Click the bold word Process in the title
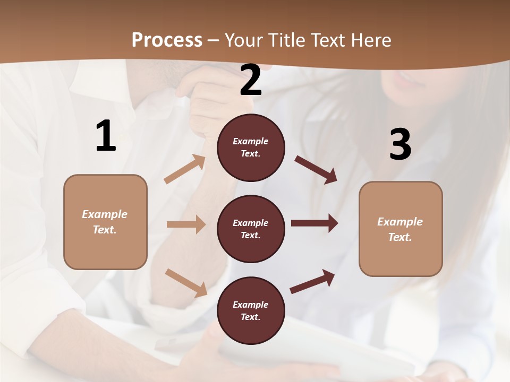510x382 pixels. point(167,40)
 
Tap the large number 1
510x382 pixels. point(106,136)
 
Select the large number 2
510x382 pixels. point(251,80)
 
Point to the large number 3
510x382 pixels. point(400,144)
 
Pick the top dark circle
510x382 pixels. point(251,147)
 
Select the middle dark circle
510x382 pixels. point(251,229)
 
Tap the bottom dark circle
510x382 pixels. point(251,311)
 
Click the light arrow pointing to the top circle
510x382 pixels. point(185,169)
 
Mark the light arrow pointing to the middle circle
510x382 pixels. point(186,224)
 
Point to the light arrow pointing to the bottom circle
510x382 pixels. point(186,283)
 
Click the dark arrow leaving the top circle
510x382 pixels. point(316,169)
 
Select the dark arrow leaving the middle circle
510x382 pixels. point(314,223)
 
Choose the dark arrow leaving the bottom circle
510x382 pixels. point(312,281)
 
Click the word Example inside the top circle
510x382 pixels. point(251,141)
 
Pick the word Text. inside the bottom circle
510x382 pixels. point(251,317)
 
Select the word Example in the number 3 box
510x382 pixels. point(400,222)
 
